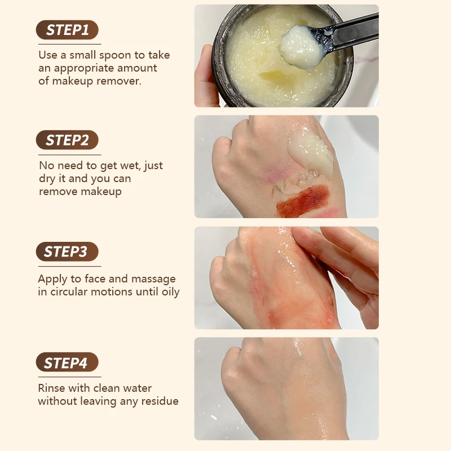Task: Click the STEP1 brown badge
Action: pos(67,30)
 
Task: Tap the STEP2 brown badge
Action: pos(67,140)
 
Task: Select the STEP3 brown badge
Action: pos(67,251)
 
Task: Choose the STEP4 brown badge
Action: pos(67,362)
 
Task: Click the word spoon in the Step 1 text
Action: pos(112,56)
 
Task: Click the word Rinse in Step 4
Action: pos(52,388)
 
